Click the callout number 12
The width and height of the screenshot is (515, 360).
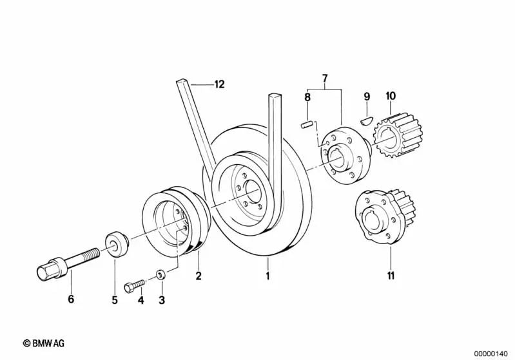click(220, 84)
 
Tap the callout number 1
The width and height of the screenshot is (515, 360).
click(268, 277)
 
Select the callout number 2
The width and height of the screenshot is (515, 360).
click(199, 277)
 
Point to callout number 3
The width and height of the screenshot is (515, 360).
click(162, 299)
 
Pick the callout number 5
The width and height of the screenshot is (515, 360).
click(115, 299)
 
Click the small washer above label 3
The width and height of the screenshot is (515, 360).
click(162, 276)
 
